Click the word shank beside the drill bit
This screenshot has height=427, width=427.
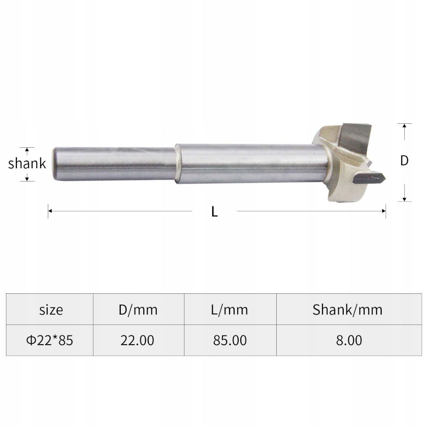[27, 164]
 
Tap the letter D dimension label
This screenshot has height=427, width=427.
[404, 161]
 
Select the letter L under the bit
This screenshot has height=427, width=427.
[215, 212]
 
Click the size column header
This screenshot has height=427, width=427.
[51, 310]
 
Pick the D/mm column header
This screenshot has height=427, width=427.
[138, 310]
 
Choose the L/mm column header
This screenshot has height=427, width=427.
[229, 310]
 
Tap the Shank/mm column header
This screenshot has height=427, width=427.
[348, 310]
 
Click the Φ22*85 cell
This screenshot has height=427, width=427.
[50, 340]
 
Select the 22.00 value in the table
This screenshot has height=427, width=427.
[137, 340]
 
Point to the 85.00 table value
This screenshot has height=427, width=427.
[230, 340]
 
